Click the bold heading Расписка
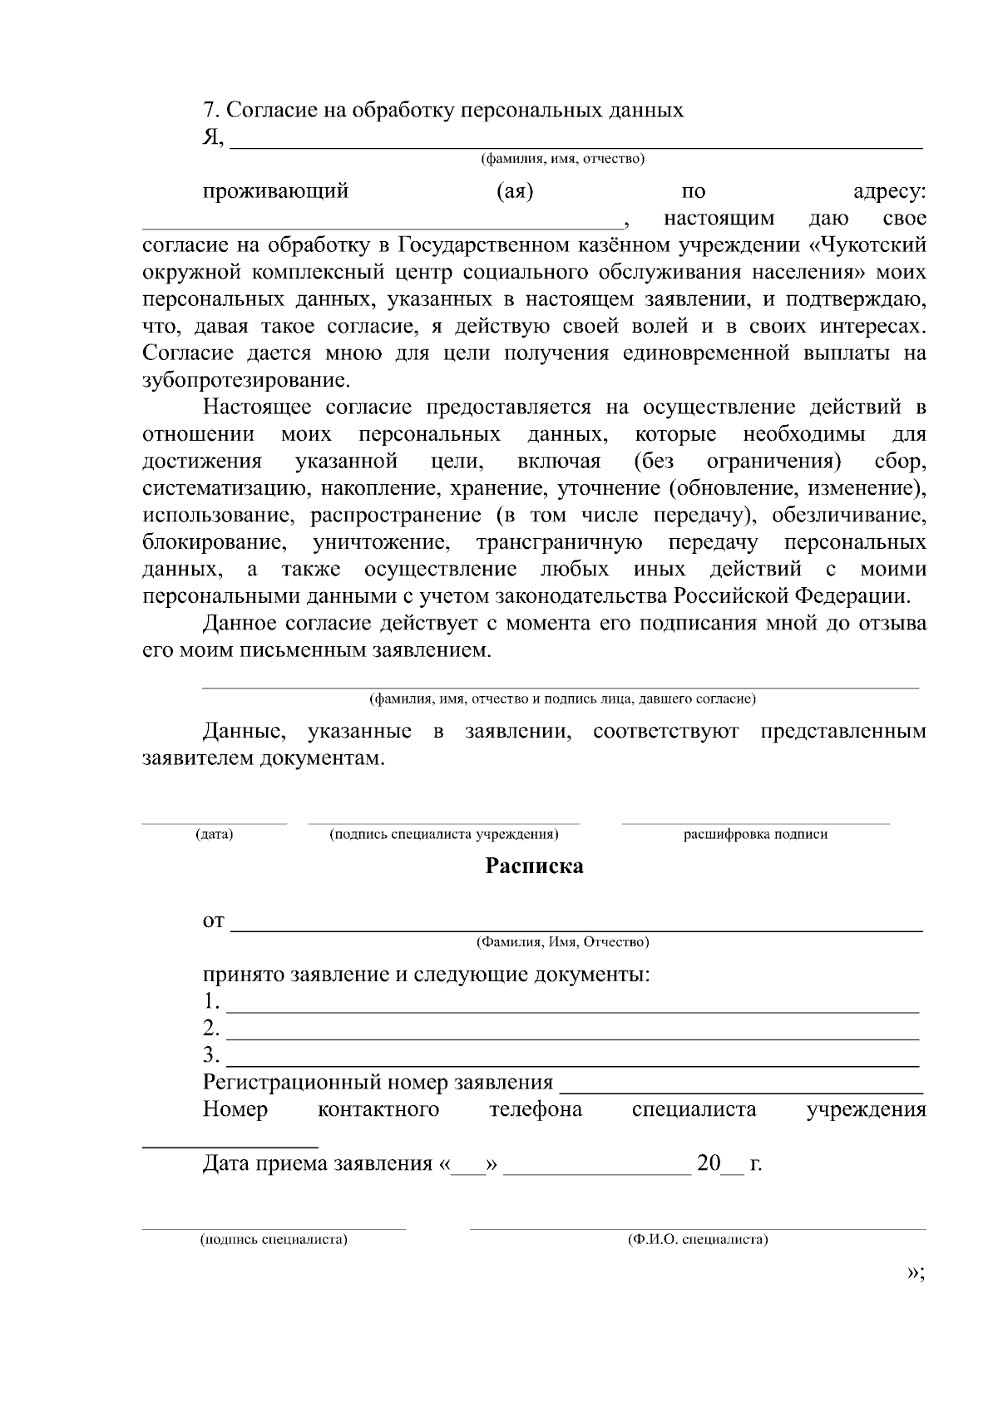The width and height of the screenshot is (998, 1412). [x=534, y=866]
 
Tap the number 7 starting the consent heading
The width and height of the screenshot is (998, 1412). [x=209, y=111]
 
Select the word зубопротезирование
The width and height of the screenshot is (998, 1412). [x=246, y=381]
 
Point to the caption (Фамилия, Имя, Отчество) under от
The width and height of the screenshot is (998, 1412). [x=562, y=942]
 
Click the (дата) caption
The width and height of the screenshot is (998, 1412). [x=214, y=834]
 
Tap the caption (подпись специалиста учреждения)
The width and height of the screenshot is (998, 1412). [x=443, y=834]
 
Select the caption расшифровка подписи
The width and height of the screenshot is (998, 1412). [x=755, y=834]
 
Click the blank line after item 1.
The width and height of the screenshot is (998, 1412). [x=574, y=1010]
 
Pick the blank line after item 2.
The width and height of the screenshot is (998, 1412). [x=574, y=1036]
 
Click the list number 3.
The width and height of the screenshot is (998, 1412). [x=210, y=1055]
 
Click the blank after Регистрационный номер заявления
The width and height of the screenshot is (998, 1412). [x=742, y=1089]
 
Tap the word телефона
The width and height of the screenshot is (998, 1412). [x=536, y=1109]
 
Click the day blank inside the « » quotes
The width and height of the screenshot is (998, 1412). [x=468, y=1170]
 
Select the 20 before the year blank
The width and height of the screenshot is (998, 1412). [x=709, y=1163]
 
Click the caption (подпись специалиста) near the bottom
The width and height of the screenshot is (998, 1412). [x=273, y=1240]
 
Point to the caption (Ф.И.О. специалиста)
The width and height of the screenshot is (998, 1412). [x=697, y=1240]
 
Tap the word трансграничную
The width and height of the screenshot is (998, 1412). [x=559, y=543]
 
